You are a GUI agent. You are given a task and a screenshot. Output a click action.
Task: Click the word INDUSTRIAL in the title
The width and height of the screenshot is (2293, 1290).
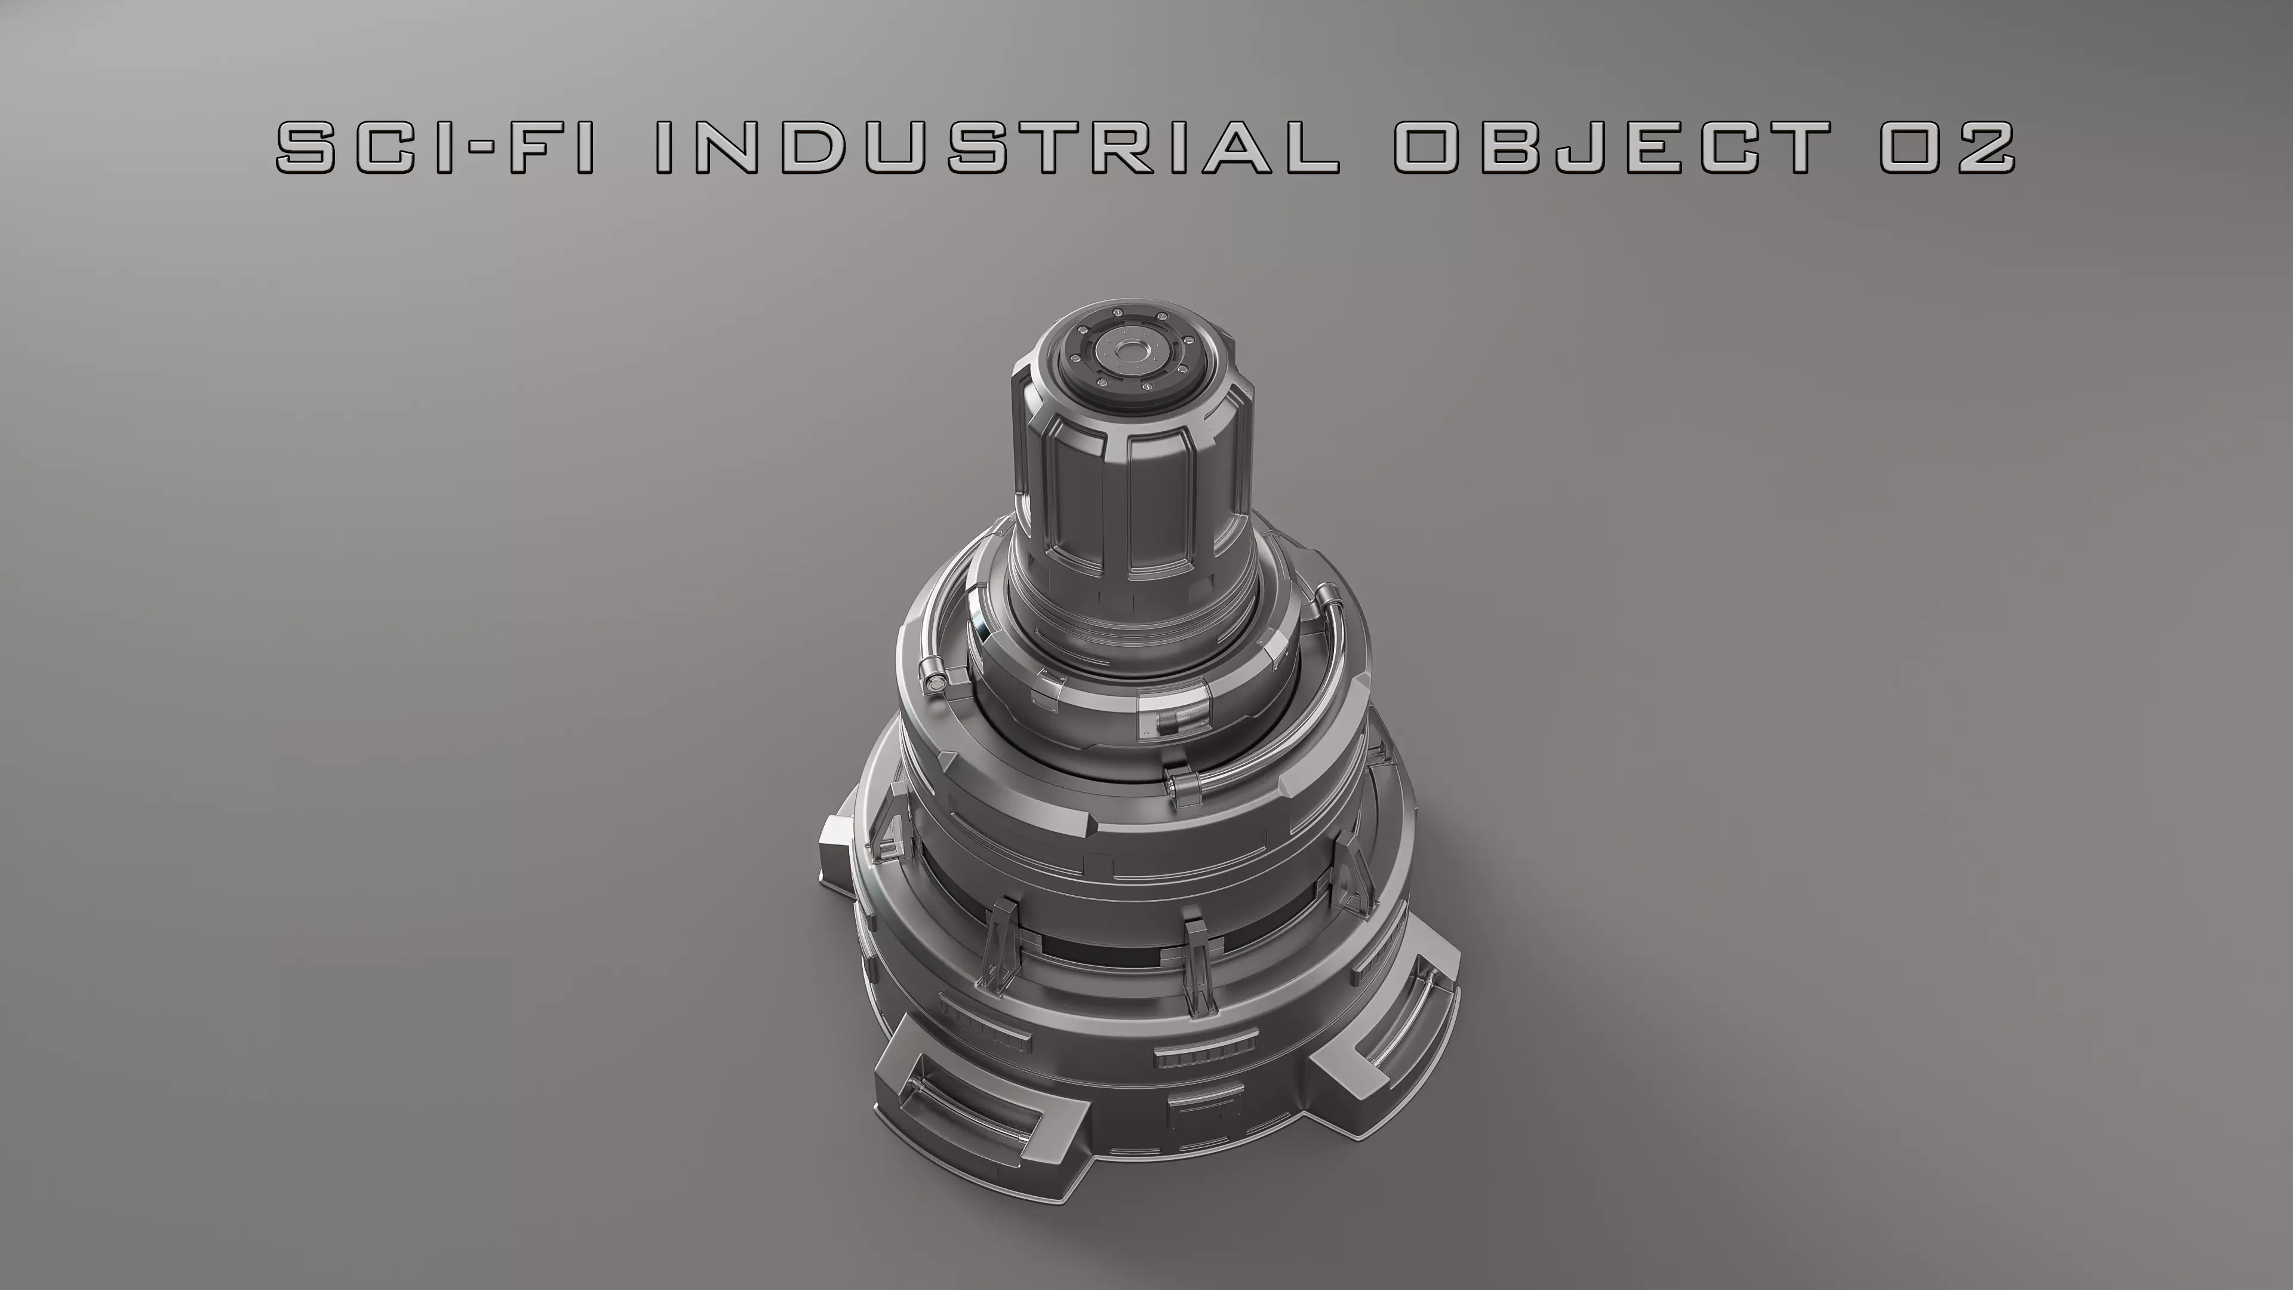(x=997, y=147)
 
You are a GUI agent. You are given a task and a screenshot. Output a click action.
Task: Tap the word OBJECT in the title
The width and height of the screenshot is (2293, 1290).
(x=1611, y=147)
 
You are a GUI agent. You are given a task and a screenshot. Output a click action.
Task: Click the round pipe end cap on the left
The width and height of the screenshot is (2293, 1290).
(x=934, y=681)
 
